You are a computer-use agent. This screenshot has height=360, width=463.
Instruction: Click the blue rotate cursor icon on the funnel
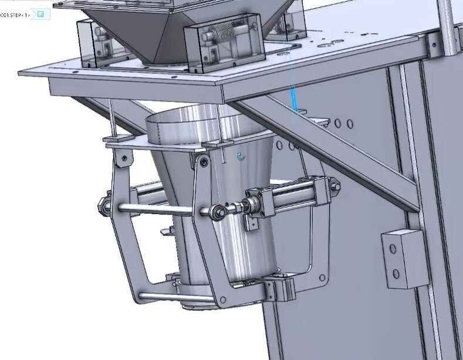point(240,157)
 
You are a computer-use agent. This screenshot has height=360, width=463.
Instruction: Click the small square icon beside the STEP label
point(40,13)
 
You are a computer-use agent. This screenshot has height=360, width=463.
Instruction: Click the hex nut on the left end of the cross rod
point(103,205)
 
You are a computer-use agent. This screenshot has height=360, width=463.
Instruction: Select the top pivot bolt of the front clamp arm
point(204,161)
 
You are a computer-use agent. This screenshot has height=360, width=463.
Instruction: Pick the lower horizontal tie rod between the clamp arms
point(176,298)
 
